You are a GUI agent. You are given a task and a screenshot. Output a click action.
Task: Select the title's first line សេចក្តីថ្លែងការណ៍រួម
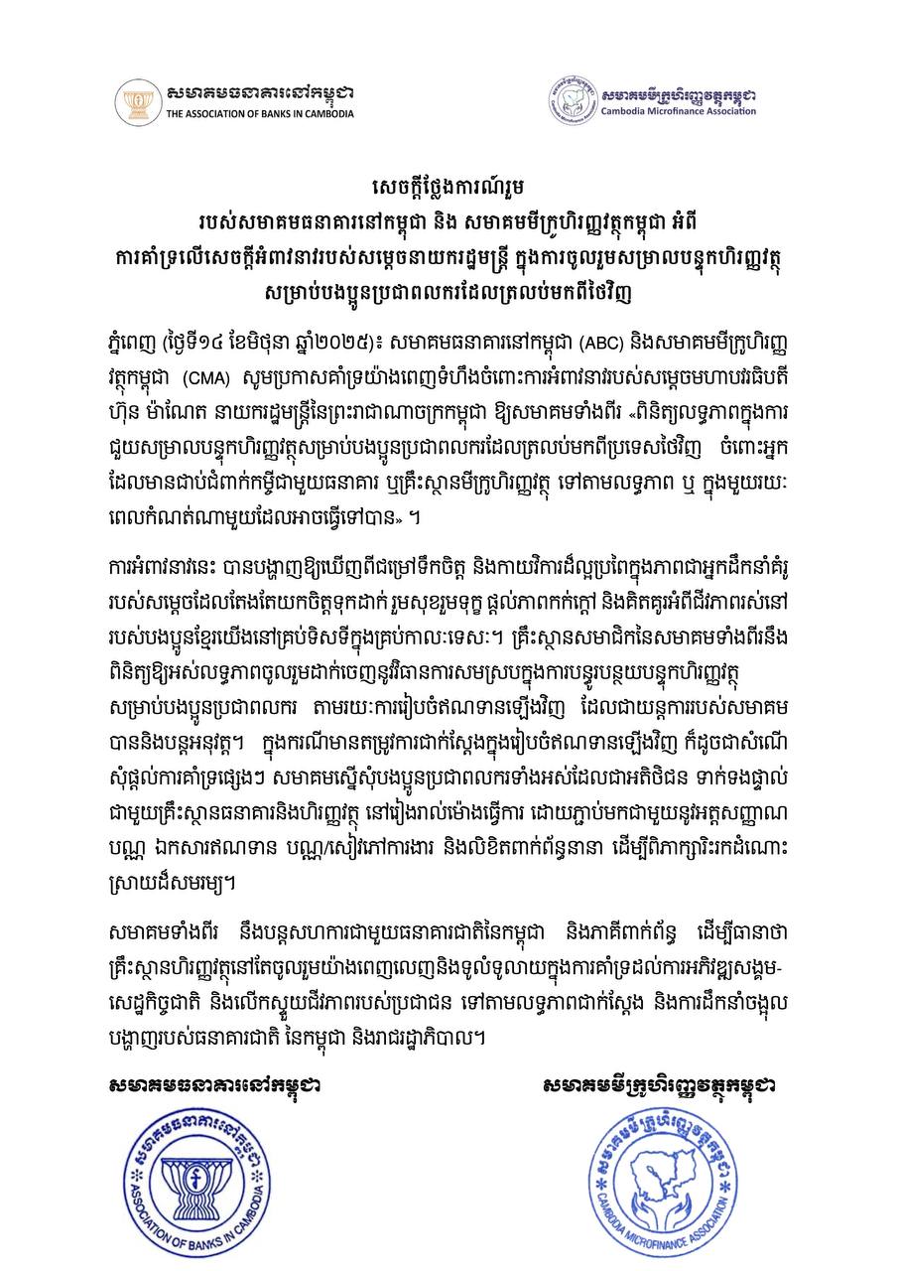pos(448,186)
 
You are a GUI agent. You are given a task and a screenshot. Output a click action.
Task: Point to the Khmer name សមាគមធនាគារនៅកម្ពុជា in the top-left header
pos(260,93)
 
